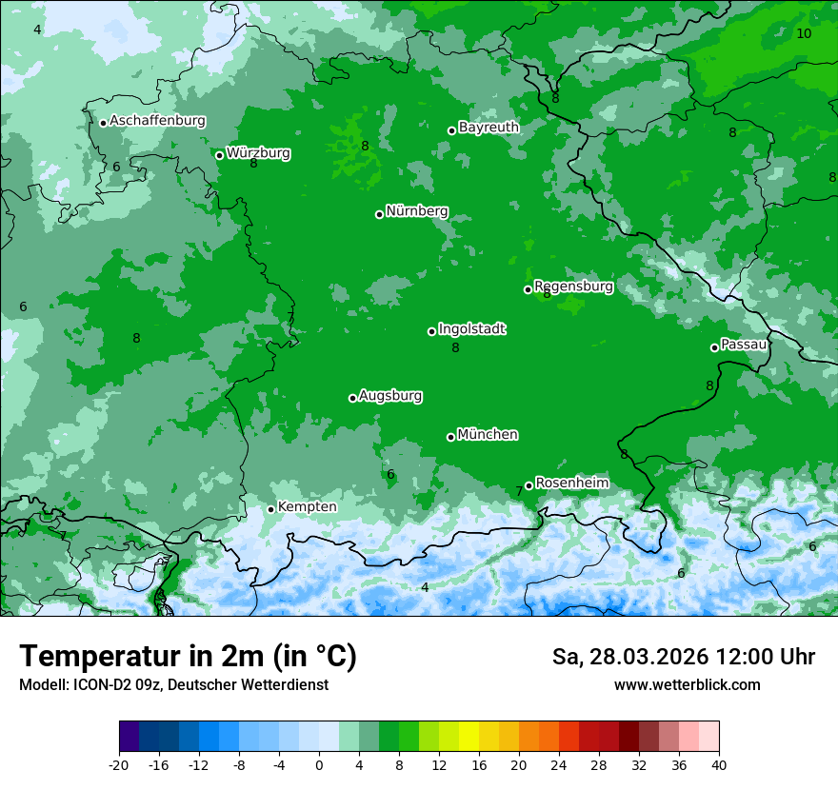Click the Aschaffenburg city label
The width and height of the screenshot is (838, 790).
(x=157, y=121)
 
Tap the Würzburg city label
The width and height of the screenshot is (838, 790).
(x=258, y=152)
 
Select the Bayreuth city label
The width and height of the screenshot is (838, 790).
(x=489, y=127)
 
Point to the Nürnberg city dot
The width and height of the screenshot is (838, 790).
(x=379, y=214)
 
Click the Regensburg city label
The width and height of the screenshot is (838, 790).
(x=573, y=286)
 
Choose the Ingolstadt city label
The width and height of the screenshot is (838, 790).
(x=471, y=328)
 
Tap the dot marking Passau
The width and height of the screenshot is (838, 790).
(x=714, y=347)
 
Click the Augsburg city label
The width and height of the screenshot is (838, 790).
(x=390, y=395)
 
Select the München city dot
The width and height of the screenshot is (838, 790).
(x=450, y=437)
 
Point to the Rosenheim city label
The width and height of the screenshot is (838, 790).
(x=571, y=483)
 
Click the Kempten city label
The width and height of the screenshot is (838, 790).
(x=307, y=506)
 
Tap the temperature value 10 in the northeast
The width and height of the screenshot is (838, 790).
(x=804, y=33)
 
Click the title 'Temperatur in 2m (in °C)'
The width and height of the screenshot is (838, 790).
(x=189, y=656)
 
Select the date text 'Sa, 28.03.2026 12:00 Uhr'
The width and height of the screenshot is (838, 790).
(x=683, y=657)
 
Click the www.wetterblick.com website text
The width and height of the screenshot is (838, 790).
(x=687, y=684)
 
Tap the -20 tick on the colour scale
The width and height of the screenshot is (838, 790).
(x=119, y=764)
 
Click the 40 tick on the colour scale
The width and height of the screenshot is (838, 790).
(x=718, y=764)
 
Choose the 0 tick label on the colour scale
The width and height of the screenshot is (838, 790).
(x=319, y=764)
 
